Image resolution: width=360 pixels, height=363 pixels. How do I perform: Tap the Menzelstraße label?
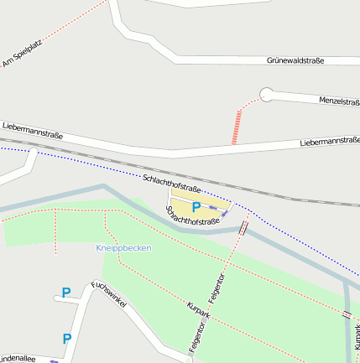coord(339,101)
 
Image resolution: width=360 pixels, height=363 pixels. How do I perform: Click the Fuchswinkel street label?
coord(109,294)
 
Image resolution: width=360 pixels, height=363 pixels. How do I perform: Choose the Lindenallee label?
coord(17,358)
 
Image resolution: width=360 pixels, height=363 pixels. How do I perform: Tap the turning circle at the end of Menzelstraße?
coord(266,95)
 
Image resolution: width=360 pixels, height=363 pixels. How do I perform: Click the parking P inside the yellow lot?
coord(196,207)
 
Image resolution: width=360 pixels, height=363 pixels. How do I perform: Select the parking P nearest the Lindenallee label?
coord(66,339)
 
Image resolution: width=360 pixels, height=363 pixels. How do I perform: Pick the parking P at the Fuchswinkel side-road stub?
coord(65,293)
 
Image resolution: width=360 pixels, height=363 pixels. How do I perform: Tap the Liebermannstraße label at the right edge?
coord(329,143)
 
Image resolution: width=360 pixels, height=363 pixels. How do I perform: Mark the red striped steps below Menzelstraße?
coord(237,127)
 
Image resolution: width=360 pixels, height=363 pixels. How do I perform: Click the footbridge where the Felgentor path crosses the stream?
coord(243,227)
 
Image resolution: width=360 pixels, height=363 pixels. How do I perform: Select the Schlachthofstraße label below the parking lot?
coord(192,216)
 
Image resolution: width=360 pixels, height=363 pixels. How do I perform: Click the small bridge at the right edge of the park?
coord(347,314)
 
